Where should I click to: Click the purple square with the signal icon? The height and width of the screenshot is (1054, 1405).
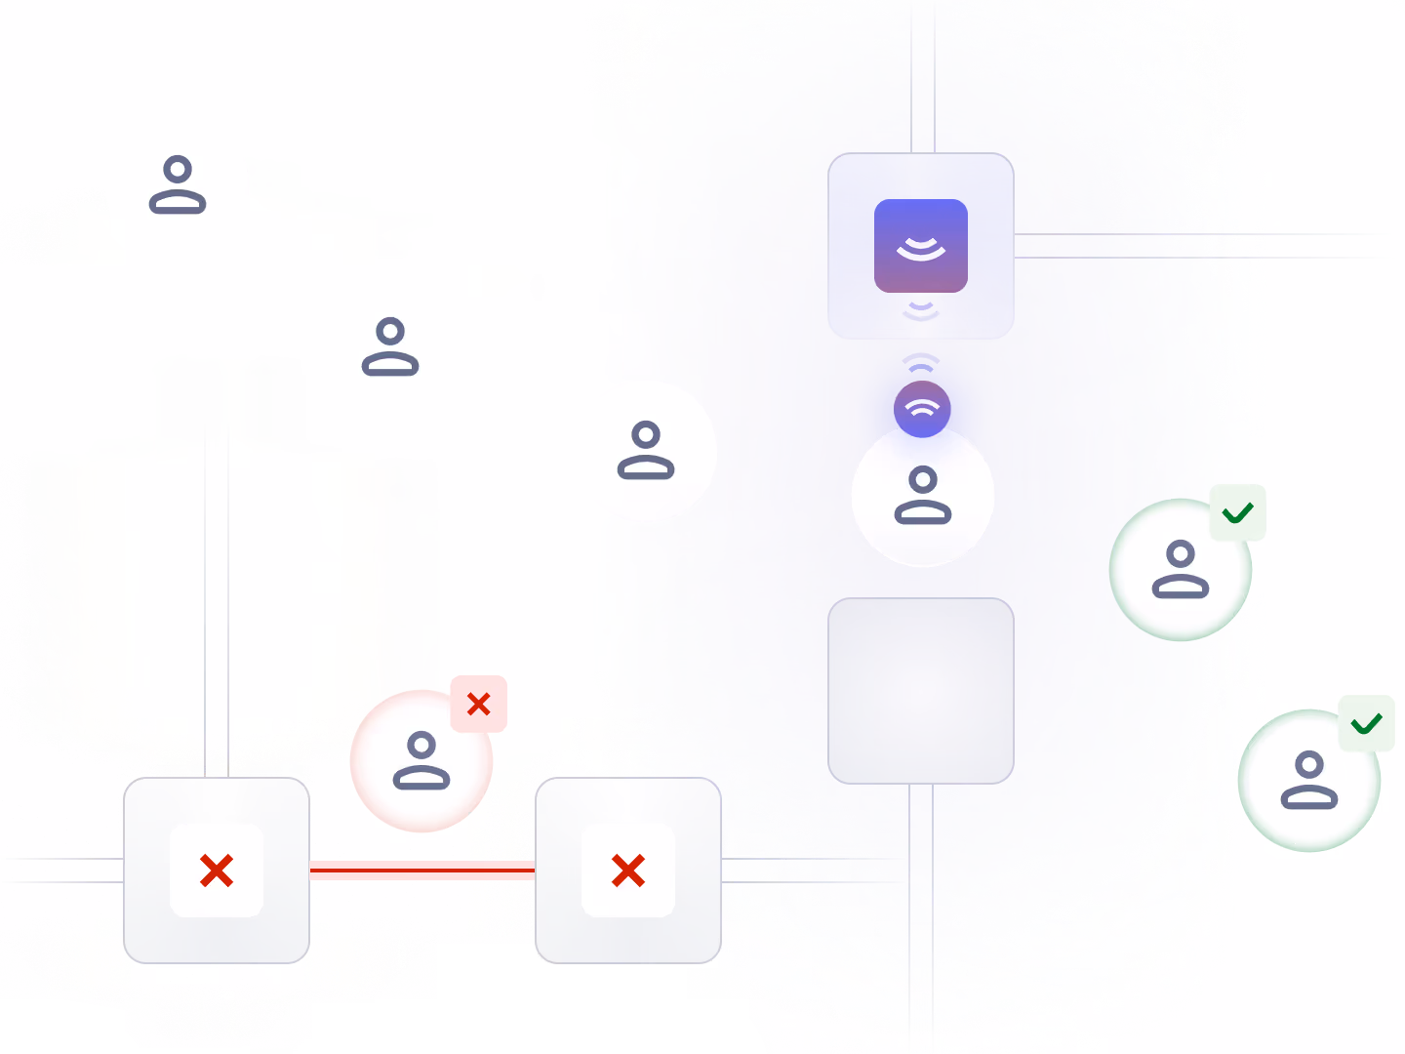tap(920, 246)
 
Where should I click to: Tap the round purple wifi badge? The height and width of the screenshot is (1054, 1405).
tap(922, 409)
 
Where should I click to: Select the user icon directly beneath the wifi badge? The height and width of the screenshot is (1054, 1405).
tap(922, 496)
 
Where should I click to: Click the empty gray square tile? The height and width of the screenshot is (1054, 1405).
tap(920, 691)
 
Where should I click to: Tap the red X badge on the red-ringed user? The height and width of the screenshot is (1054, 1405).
tap(478, 704)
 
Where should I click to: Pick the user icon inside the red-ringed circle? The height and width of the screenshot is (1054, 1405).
tap(421, 761)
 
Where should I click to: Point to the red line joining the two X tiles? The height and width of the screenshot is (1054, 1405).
tap(421, 870)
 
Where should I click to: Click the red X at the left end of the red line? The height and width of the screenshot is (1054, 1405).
tap(217, 870)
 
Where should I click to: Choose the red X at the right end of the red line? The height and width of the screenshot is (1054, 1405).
tap(628, 870)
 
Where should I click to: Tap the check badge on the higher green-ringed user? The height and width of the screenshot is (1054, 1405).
tap(1237, 512)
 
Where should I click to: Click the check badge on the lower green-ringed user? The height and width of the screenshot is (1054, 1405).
tap(1366, 723)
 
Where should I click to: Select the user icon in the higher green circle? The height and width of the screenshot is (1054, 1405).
tap(1181, 569)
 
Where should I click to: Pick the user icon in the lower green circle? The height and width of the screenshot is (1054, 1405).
tap(1309, 780)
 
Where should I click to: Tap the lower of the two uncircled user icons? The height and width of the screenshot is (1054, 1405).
tap(390, 346)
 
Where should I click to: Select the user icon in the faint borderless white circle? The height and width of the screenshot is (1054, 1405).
tap(646, 450)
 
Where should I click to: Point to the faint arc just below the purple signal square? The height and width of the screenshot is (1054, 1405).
tap(920, 309)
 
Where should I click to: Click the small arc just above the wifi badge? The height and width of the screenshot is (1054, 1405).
tap(921, 369)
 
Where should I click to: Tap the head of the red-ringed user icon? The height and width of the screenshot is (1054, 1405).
tap(421, 747)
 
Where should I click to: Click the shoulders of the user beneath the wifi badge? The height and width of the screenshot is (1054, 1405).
tap(922, 511)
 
